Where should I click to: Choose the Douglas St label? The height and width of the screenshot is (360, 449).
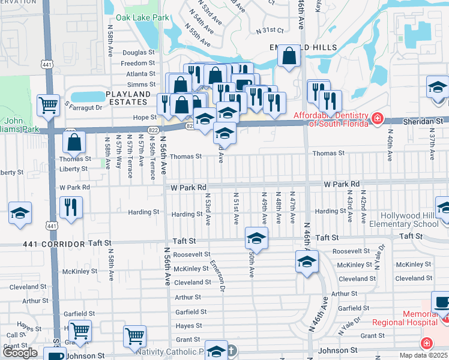[139, 53]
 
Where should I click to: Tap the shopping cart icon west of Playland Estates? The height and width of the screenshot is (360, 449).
[48, 106]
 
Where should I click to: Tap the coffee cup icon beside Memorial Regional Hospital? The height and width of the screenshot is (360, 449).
[443, 304]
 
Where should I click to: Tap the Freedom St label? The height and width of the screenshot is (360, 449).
[138, 63]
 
